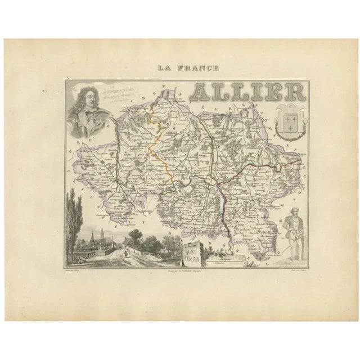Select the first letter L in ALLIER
pos(226,92)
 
